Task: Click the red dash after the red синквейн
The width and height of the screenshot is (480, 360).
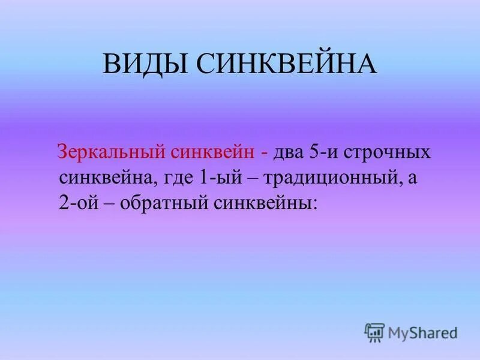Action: pyautogui.click(x=265, y=152)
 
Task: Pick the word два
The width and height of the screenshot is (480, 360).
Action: pyautogui.click(x=290, y=152)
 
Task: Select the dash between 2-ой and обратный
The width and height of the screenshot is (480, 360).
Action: pyautogui.click(x=112, y=203)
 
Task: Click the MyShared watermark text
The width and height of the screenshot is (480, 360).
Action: pyautogui.click(x=422, y=331)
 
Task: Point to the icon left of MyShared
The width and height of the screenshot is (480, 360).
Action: pyautogui.click(x=374, y=331)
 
